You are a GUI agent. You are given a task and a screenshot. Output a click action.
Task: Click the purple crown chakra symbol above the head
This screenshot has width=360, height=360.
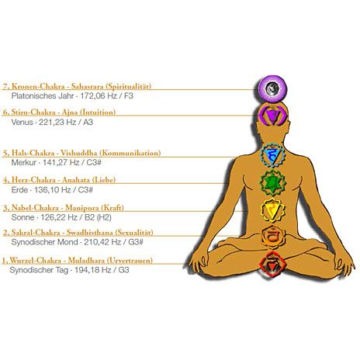pyautogui.click(x=272, y=88)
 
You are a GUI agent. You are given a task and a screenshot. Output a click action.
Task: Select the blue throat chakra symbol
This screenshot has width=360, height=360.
pyautogui.click(x=272, y=155)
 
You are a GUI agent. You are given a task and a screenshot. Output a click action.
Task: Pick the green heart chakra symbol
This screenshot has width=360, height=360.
pyautogui.click(x=273, y=183)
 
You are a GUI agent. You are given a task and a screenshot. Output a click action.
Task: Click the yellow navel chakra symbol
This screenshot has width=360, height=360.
pyautogui.click(x=272, y=210)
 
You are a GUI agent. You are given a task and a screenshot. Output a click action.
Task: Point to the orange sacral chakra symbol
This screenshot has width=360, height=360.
pyautogui.click(x=273, y=237)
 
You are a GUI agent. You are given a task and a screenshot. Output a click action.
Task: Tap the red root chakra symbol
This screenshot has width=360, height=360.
pyautogui.click(x=272, y=265)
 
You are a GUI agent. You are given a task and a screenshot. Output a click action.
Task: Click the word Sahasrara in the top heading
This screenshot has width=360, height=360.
pyautogui.click(x=87, y=86)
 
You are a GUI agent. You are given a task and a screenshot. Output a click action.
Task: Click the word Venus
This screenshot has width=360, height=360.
pyautogui.click(x=22, y=122)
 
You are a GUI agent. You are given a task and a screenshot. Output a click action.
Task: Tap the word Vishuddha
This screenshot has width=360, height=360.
pyautogui.click(x=79, y=153)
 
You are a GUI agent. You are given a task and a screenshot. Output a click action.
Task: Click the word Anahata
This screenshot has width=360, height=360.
pyautogui.click(x=76, y=180)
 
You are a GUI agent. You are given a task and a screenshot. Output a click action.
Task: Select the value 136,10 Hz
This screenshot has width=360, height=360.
pyautogui.click(x=53, y=190)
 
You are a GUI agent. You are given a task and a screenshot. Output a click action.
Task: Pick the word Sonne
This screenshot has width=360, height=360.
pyautogui.click(x=22, y=217)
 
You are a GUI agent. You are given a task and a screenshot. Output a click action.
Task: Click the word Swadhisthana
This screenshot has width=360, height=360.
pyautogui.click(x=90, y=233)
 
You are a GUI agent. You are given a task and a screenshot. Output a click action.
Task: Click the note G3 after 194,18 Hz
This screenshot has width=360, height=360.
pyautogui.click(x=123, y=270)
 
